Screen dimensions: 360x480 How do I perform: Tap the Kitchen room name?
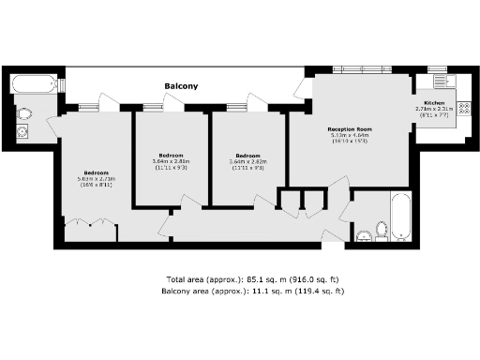[x=434, y=102]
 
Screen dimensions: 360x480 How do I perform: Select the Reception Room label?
[x=350, y=128]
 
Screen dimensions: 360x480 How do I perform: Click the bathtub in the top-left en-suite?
[x=34, y=85]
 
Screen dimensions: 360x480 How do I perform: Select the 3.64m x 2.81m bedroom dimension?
[x=171, y=162]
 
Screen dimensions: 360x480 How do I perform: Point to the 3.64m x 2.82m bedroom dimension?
[x=247, y=162]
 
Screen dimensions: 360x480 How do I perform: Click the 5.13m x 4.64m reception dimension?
[x=350, y=136]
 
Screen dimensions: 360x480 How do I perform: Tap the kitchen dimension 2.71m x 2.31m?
[x=434, y=109]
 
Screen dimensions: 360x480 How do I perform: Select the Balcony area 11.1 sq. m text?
[x=239, y=292]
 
